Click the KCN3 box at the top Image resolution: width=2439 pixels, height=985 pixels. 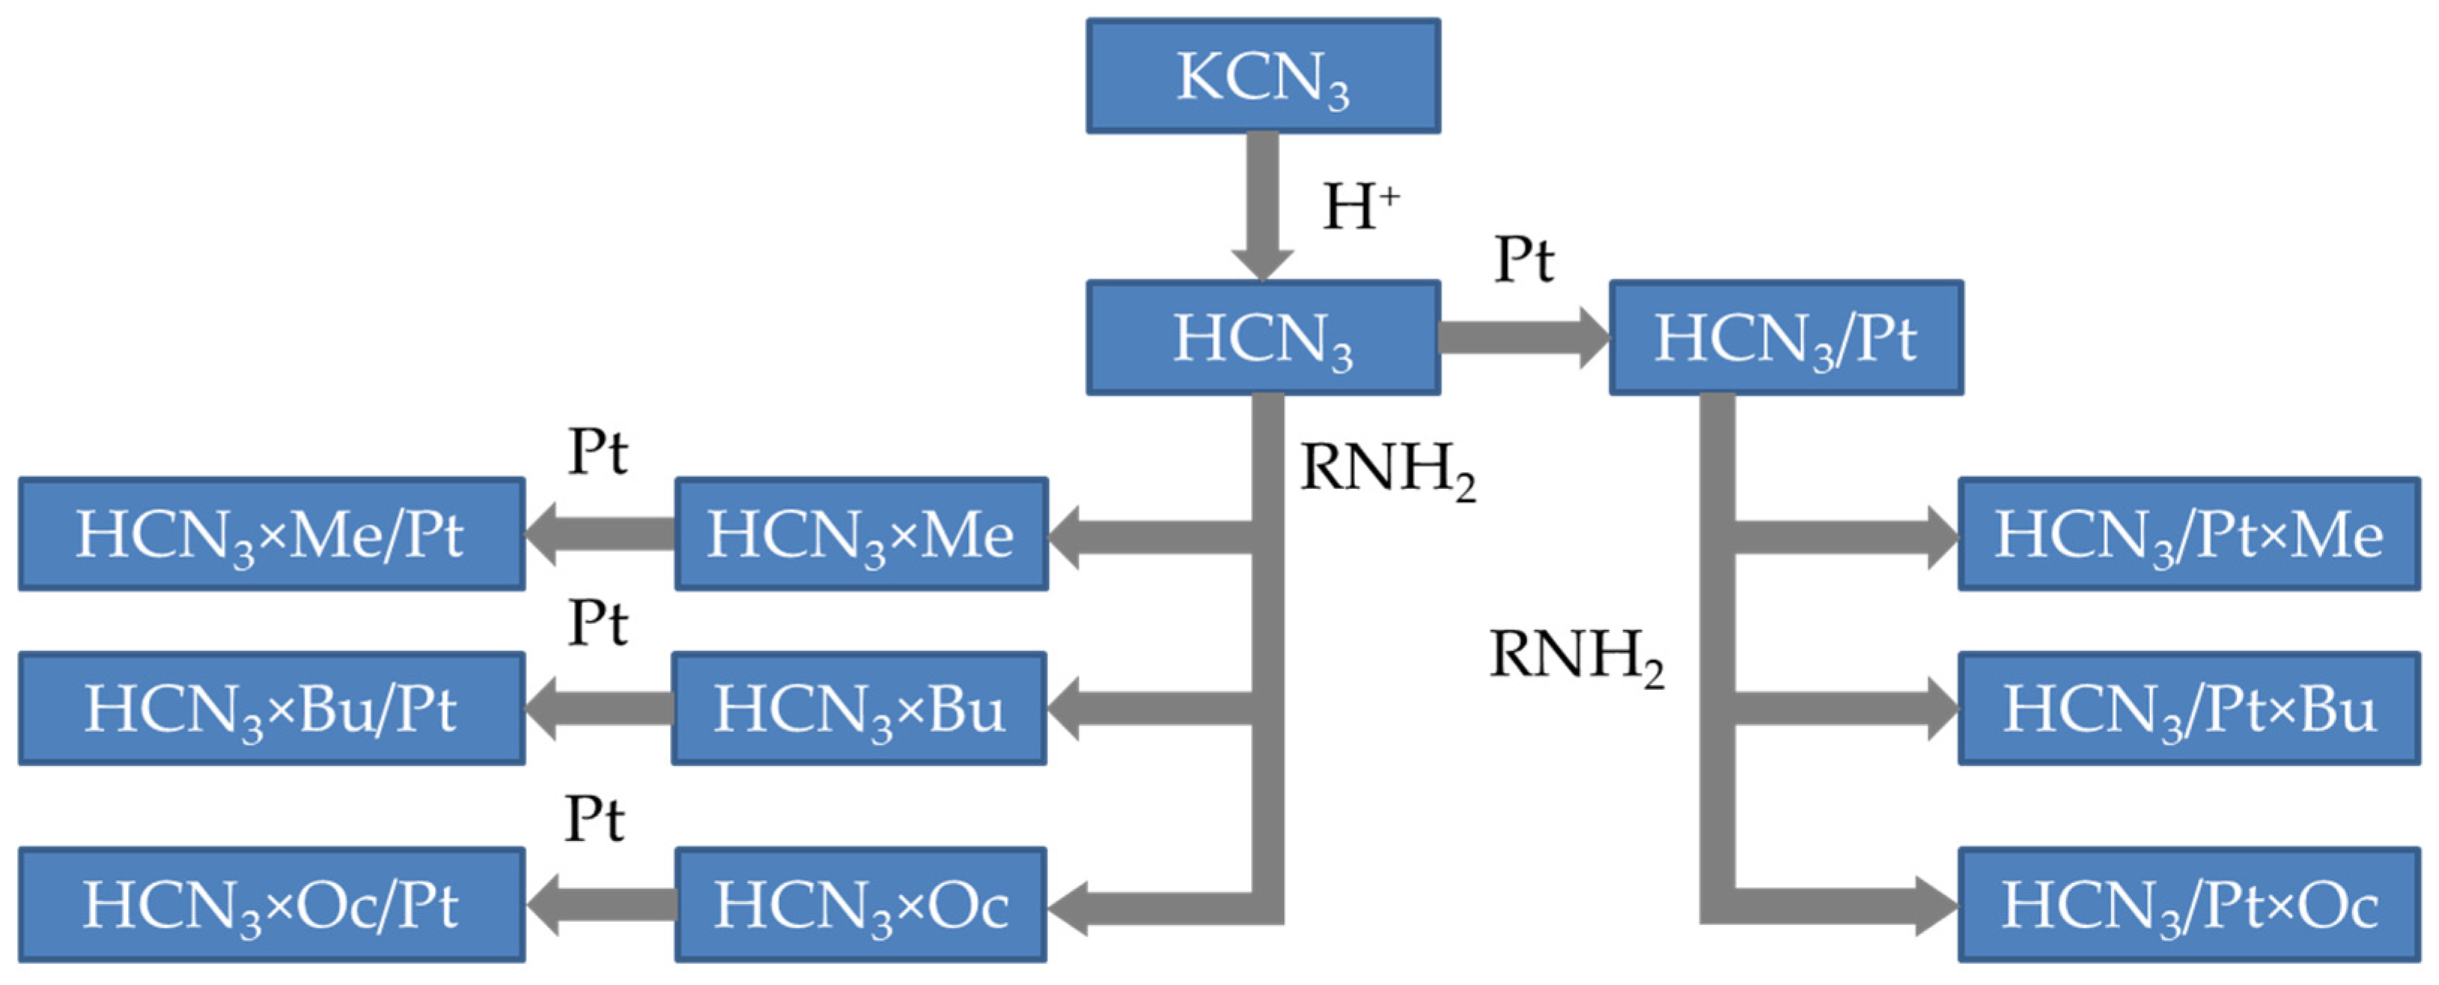click(1263, 76)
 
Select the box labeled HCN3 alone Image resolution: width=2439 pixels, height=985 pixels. click(1263, 337)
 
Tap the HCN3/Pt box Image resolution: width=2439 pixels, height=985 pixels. click(1785, 337)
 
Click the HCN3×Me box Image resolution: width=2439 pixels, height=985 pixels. click(861, 534)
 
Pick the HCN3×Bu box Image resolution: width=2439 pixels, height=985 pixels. click(859, 709)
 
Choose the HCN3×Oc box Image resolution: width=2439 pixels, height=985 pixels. click(861, 905)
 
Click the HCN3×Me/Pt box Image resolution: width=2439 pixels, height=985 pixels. click(272, 534)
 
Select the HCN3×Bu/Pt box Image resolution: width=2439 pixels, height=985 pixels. click(272, 709)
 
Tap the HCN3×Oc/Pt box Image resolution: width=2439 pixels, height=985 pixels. click(272, 905)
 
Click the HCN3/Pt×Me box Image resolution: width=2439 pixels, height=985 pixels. click(2188, 534)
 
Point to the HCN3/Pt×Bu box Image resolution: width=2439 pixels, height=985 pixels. click(2188, 709)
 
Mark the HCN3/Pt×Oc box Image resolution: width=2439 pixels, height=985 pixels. click(2188, 905)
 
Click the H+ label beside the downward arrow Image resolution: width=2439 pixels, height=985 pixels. click(1359, 207)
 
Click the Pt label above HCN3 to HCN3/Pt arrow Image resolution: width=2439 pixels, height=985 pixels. click(1523, 258)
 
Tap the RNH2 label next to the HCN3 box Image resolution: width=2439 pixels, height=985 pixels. click(1387, 469)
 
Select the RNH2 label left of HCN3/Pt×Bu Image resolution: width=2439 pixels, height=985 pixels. click(1577, 655)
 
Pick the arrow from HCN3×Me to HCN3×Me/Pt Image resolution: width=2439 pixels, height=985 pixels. click(600, 534)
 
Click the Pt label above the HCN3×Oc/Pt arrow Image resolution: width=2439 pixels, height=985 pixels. click(594, 818)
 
